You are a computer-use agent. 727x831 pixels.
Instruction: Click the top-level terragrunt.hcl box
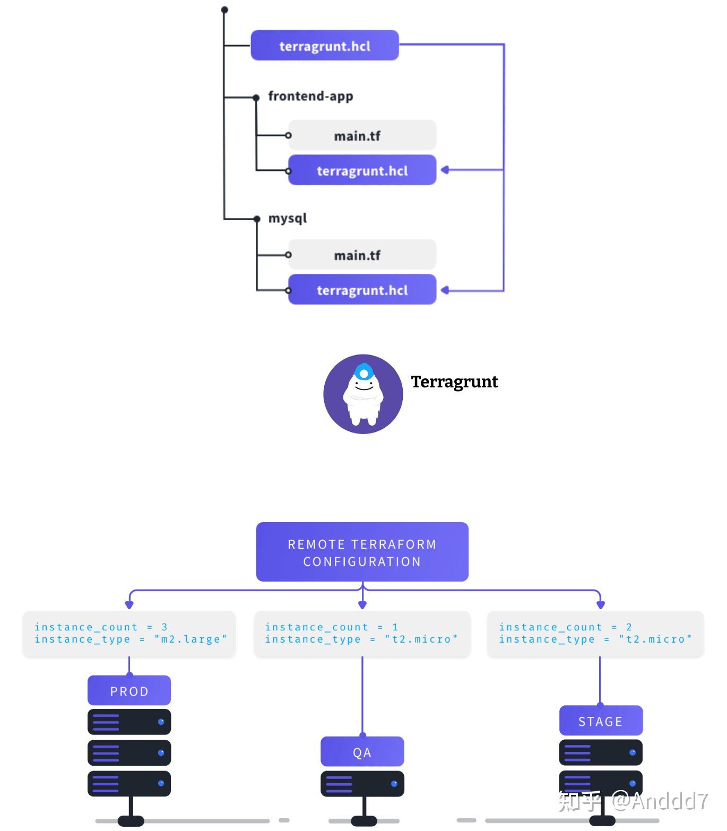324,46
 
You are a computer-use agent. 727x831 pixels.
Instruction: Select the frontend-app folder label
310,97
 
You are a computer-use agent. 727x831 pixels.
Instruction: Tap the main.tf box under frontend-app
362,135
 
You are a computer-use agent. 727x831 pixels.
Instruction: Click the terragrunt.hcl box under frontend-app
362,170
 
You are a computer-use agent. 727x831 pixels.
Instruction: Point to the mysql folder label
287,219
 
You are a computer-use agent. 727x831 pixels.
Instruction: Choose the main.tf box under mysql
362,255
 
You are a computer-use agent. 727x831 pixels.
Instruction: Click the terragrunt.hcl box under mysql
362,290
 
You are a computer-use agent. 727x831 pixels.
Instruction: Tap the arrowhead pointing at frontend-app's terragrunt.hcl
445,170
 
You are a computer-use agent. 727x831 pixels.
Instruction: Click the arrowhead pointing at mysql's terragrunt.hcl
445,290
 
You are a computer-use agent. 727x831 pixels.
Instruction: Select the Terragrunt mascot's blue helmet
363,371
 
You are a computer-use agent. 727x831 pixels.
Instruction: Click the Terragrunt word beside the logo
454,382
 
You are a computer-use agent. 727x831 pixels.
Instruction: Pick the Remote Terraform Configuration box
362,552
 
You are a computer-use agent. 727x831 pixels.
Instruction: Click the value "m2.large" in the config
191,639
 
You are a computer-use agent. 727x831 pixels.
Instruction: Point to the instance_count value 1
395,627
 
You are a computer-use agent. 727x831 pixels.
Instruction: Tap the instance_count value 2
629,627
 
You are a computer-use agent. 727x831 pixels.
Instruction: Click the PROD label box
129,691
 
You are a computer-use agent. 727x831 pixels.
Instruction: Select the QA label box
362,752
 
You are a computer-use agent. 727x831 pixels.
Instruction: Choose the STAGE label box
600,721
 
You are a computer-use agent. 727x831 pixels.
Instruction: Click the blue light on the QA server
394,784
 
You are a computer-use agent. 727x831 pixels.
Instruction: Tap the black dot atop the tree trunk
224,10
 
